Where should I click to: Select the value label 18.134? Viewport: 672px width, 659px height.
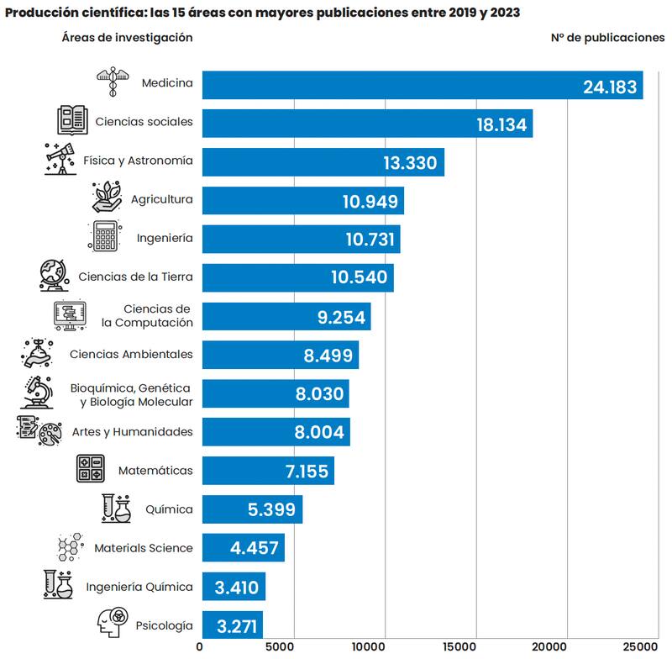point(501,124)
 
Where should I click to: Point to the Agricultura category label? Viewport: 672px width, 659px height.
point(161,199)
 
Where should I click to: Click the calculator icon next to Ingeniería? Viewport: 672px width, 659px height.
point(105,237)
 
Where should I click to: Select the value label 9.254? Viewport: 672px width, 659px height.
point(342,316)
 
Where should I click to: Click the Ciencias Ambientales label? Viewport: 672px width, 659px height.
point(131,354)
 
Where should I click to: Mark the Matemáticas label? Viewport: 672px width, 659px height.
point(155,470)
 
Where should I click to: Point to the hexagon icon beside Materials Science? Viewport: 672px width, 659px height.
point(70,547)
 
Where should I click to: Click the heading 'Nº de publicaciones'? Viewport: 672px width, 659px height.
point(607,38)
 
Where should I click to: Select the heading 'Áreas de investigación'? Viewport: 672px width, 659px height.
point(127,38)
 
